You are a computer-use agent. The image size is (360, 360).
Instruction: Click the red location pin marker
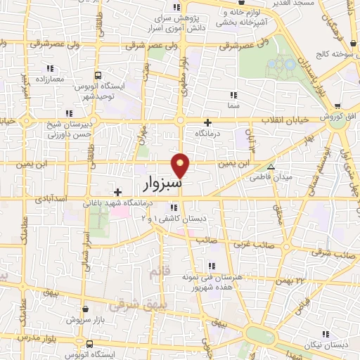point(182,165)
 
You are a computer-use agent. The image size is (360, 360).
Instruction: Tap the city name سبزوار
point(162,185)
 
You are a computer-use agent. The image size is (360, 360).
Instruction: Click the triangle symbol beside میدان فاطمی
point(271,167)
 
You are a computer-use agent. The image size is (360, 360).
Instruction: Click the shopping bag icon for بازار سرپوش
point(85,309)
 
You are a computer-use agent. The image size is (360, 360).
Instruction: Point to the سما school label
point(233,105)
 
